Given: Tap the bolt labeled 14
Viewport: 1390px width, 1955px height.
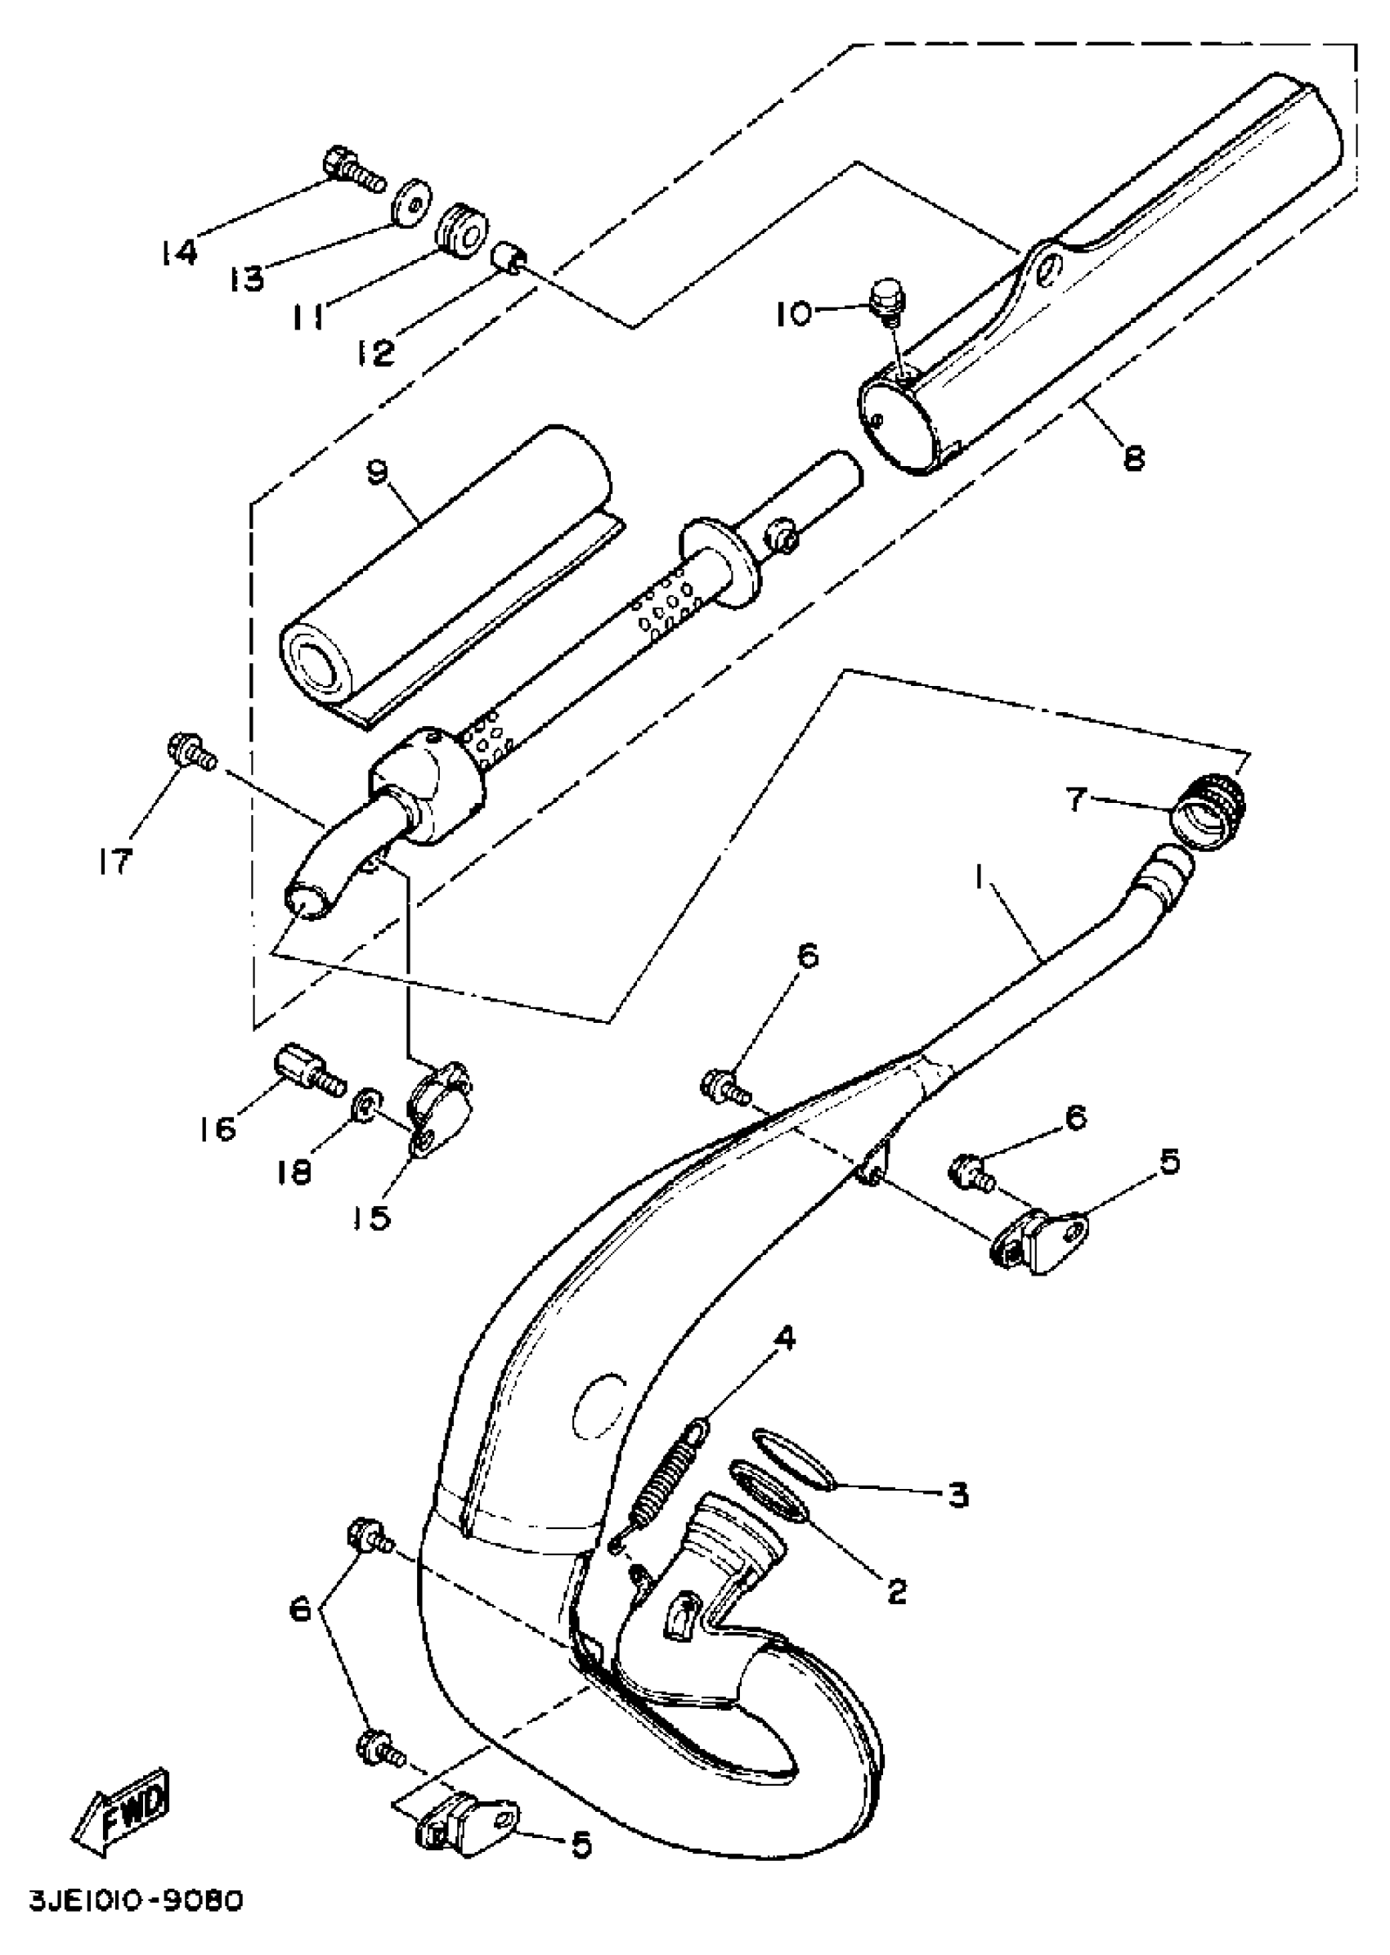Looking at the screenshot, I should click(352, 169).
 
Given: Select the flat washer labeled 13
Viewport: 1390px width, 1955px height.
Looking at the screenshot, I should click(414, 202).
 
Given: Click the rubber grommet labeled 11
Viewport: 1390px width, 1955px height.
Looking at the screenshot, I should click(462, 229).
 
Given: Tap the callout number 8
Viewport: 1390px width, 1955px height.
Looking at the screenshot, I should click(1133, 457).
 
